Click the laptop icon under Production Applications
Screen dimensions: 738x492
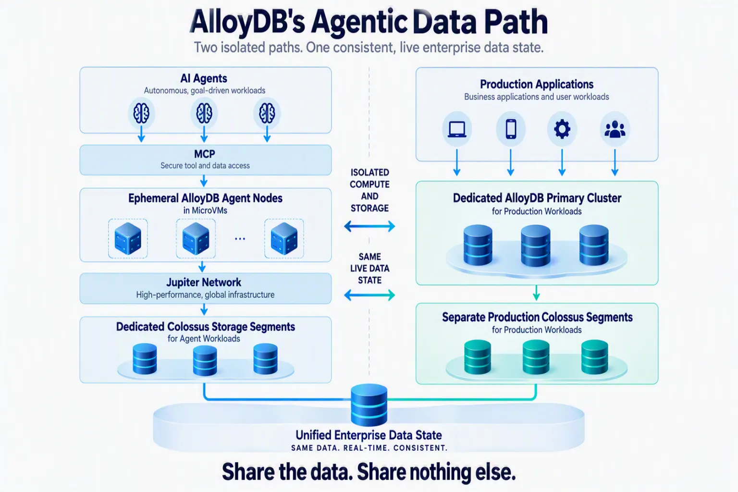click(457, 129)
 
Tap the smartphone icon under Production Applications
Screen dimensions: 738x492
click(511, 129)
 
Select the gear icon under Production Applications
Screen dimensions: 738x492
click(562, 129)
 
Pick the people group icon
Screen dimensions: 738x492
click(615, 129)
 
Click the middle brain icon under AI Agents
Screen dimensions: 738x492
click(204, 113)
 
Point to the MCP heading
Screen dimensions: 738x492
click(205, 154)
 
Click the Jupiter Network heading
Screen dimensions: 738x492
click(204, 283)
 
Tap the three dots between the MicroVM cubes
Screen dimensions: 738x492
click(240, 239)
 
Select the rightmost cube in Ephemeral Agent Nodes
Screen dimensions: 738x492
click(284, 239)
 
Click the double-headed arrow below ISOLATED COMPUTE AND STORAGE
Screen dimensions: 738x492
click(369, 226)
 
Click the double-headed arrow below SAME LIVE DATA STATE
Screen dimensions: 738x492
click(369, 295)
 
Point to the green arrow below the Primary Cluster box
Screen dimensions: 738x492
click(536, 293)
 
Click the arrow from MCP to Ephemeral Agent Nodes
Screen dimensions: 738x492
click(204, 181)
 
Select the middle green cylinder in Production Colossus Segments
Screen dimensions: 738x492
click(536, 357)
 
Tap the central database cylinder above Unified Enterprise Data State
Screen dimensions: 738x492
click(369, 405)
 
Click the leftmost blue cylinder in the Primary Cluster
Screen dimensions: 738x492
click(478, 245)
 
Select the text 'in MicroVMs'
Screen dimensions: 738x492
click(205, 210)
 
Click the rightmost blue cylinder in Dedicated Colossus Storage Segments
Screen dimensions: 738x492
click(265, 359)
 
